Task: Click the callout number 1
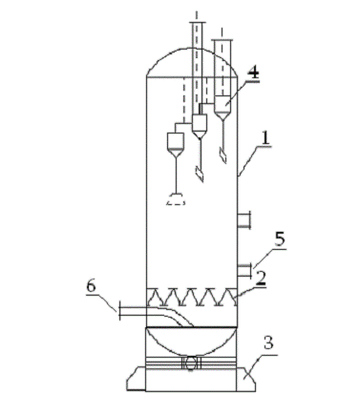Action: pos(265,138)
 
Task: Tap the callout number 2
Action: pos(261,279)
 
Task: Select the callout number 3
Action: pos(268,343)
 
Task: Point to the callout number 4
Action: pos(253,73)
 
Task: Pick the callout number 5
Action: pos(280,239)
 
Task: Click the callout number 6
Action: pos(91,286)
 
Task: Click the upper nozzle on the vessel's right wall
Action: pos(244,219)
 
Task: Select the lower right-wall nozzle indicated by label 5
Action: pos(244,271)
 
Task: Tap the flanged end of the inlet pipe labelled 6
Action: pos(119,310)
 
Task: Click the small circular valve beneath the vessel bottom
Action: pos(190,363)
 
